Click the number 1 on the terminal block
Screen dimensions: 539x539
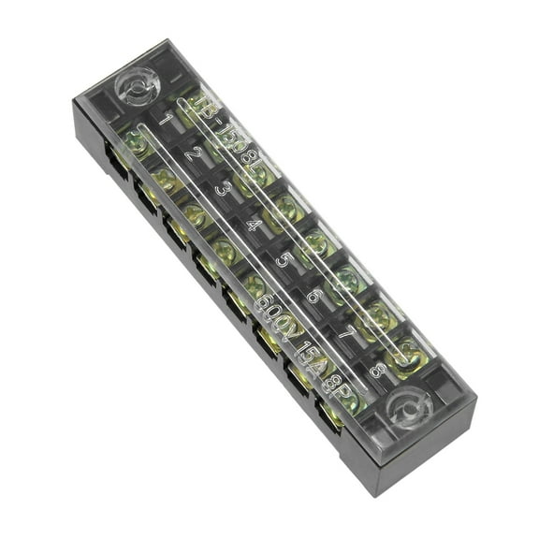pyautogui.click(x=165, y=120)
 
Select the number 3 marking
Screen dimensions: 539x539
pyautogui.click(x=223, y=188)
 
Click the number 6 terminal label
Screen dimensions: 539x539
pyautogui.click(x=313, y=296)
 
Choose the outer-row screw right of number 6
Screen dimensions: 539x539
pyautogui.click(x=347, y=275)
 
